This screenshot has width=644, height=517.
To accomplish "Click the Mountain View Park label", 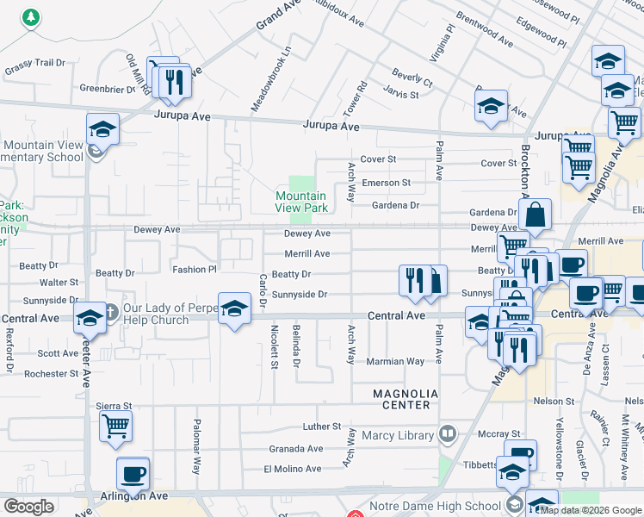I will [x=300, y=202].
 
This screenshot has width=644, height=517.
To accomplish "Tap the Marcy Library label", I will [x=397, y=435].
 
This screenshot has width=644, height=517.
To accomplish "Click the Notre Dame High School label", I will [x=435, y=506].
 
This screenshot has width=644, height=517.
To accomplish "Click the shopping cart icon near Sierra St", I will [x=115, y=425].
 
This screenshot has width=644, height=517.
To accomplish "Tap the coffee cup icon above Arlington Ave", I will [x=133, y=472].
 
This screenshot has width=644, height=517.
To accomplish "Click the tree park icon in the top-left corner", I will [x=32, y=16].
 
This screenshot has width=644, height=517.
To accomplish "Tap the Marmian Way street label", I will [x=396, y=362].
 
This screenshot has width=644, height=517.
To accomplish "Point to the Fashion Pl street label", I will [x=195, y=270].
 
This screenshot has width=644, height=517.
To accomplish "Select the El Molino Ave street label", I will [x=293, y=469].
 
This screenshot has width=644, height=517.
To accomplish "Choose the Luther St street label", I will [x=323, y=427].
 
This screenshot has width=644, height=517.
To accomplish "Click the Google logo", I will [x=28, y=507].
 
